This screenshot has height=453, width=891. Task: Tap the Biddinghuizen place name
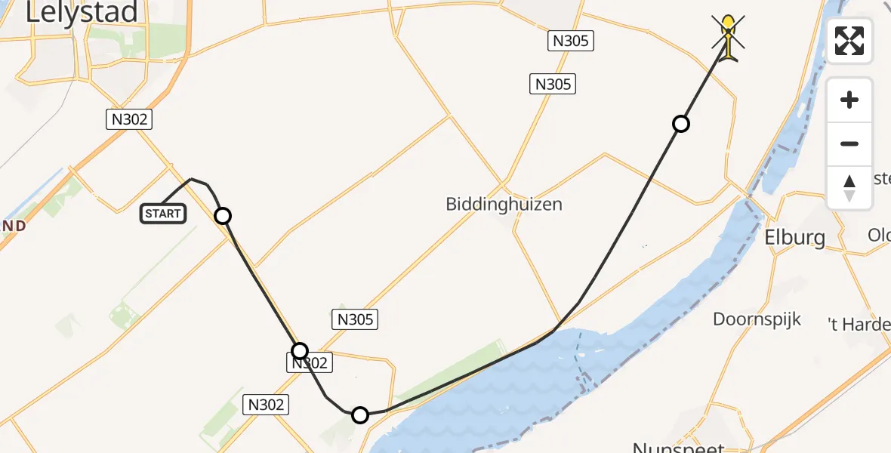click(504, 204)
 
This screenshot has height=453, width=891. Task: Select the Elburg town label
click(795, 237)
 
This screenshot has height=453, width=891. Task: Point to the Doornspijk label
click(757, 319)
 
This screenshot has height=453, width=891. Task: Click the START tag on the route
click(162, 214)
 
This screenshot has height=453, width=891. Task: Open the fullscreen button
click(849, 41)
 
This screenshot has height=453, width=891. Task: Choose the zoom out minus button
click(849, 143)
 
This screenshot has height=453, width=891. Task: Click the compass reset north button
click(849, 187)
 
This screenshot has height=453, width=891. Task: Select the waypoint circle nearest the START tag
click(223, 216)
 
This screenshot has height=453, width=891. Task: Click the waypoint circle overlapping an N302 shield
click(300, 350)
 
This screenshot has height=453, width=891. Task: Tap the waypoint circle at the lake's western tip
click(360, 414)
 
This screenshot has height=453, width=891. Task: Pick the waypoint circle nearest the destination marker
click(681, 124)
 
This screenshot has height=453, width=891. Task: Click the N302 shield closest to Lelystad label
click(128, 119)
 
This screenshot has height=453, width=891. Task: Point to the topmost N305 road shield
click(571, 41)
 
